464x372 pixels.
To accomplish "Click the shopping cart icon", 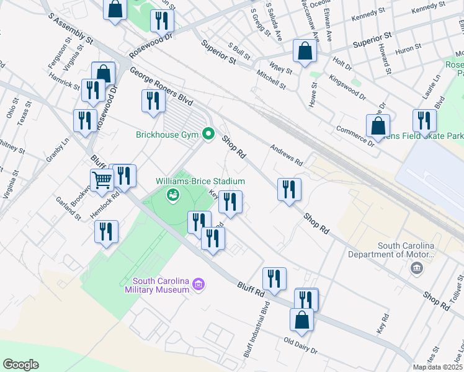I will [102, 180].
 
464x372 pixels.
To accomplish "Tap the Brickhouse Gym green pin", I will [208, 134].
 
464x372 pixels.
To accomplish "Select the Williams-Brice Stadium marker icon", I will [173, 196].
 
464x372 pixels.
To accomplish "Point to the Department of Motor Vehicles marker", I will [416, 268].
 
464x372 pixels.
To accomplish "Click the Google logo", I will [20, 365].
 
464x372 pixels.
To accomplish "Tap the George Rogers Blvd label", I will [161, 89].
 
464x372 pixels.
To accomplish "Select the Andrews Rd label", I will [286, 155].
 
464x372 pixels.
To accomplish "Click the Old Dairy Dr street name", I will [300, 347].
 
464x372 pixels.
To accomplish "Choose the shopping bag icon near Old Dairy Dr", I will [302, 320].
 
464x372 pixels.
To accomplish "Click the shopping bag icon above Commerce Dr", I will [378, 126].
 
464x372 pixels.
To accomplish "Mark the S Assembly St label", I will [73, 30].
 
